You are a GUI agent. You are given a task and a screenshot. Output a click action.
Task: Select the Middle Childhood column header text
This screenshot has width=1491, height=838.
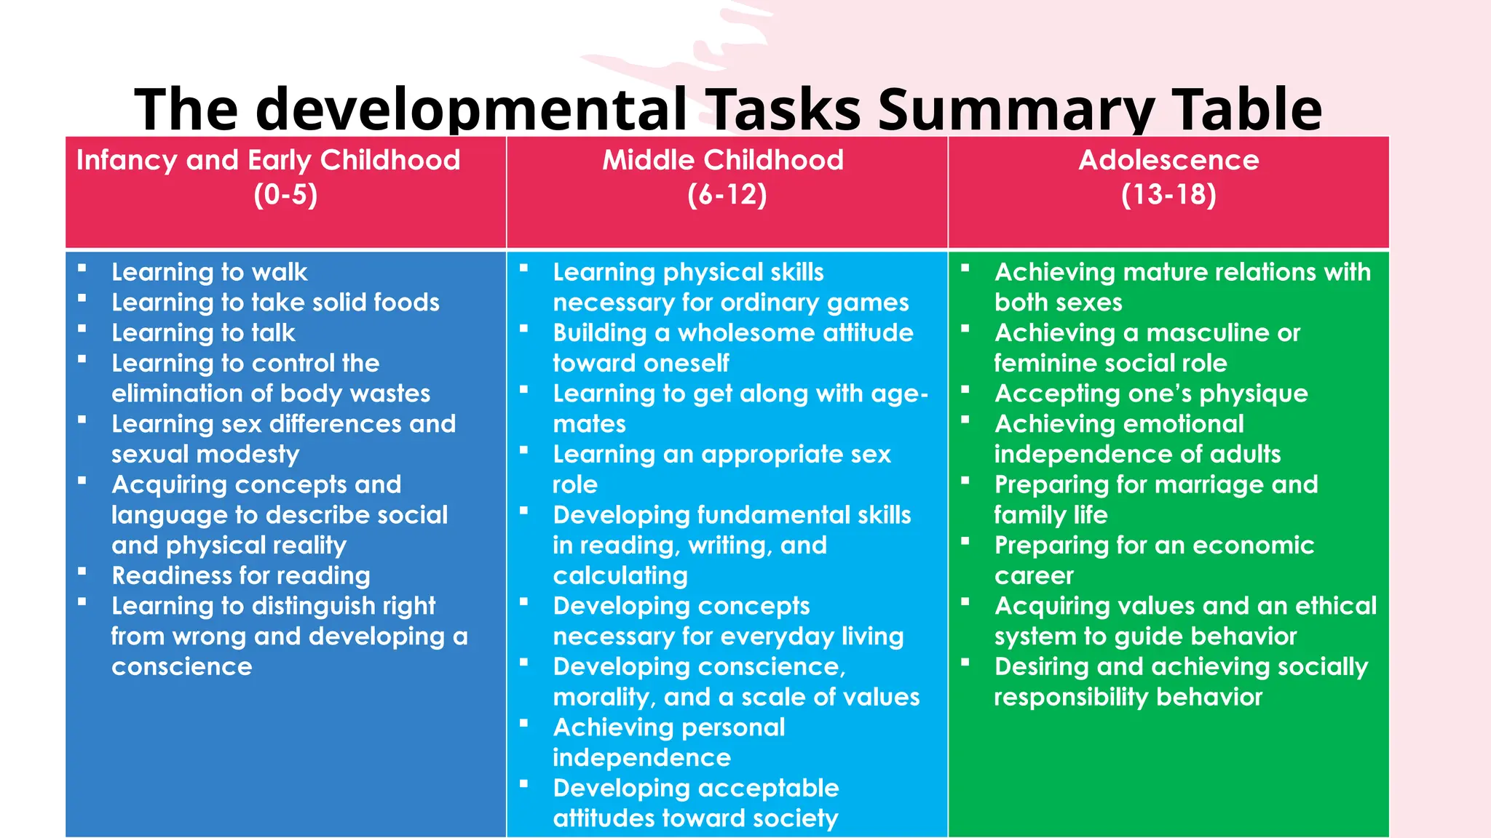point(723,160)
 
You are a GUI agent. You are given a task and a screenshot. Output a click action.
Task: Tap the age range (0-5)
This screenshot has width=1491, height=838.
point(285,195)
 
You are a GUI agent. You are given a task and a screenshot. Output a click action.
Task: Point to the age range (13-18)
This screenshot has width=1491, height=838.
point(1168,195)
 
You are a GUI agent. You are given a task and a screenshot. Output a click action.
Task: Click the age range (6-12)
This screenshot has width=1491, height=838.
point(727,195)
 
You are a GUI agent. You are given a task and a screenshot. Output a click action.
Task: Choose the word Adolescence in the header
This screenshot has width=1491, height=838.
point(1168,160)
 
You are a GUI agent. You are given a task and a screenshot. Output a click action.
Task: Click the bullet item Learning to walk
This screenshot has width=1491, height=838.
point(210,272)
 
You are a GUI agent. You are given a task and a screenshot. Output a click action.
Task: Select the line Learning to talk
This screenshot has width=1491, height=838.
point(203,333)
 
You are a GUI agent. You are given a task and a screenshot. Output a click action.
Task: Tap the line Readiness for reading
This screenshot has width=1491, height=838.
point(241,576)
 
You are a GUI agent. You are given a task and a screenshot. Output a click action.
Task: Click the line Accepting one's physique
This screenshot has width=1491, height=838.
point(1151,394)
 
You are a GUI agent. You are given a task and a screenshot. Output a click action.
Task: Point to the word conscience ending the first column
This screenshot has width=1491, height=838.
point(182,667)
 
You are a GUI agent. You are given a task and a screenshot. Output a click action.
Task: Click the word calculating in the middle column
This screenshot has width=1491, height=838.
point(620,576)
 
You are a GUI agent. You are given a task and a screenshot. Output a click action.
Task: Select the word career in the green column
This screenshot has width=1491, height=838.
point(1034,576)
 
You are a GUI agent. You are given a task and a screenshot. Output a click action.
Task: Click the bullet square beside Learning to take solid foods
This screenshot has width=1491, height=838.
point(82,298)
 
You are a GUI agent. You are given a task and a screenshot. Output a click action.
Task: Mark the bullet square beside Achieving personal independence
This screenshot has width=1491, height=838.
point(523,723)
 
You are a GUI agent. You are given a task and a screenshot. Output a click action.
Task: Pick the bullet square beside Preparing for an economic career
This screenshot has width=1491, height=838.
point(965,541)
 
